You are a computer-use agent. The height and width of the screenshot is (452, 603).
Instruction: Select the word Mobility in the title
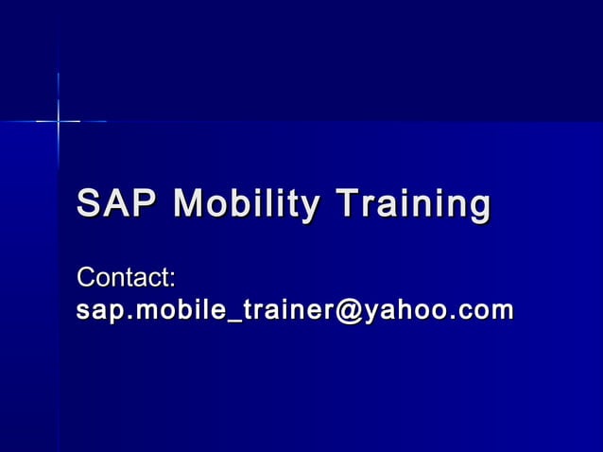tap(248, 205)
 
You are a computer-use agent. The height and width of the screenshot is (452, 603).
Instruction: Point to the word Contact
tap(124, 279)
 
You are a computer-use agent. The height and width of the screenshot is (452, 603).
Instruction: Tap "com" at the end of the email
tap(483, 311)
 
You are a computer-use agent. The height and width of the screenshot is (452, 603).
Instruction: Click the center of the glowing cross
tap(58, 121)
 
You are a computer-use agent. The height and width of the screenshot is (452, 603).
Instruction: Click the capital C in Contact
tap(85, 279)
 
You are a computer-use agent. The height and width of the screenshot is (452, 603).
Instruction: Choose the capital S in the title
tap(87, 204)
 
